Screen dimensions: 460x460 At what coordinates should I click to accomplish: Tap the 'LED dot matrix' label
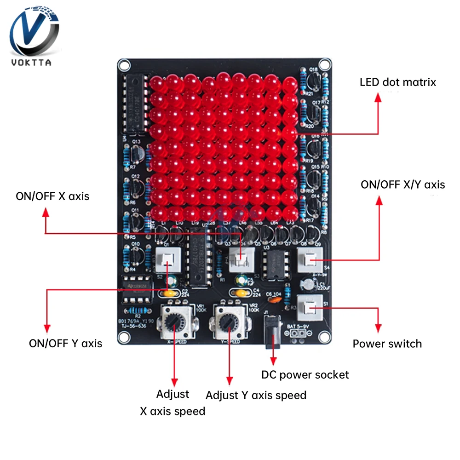point(397,82)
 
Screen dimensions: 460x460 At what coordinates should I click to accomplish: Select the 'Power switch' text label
point(387,344)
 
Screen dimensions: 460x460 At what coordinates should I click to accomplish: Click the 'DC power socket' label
point(305,374)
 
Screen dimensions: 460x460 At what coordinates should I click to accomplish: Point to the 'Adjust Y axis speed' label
point(256,395)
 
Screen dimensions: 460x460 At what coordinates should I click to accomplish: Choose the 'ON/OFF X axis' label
point(52,196)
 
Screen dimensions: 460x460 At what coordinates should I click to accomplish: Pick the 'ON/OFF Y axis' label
point(65,343)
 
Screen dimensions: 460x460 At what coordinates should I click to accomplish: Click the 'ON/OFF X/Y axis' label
point(402,184)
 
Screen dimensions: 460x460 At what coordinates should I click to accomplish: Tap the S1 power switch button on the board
point(309,307)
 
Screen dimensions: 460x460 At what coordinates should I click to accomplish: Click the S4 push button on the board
point(309,261)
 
